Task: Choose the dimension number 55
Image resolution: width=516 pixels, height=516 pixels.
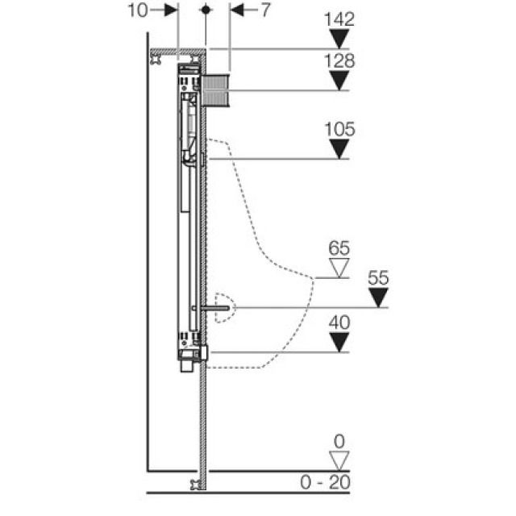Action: click(x=378, y=278)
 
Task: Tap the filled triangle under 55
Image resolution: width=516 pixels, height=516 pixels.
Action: click(x=378, y=298)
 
